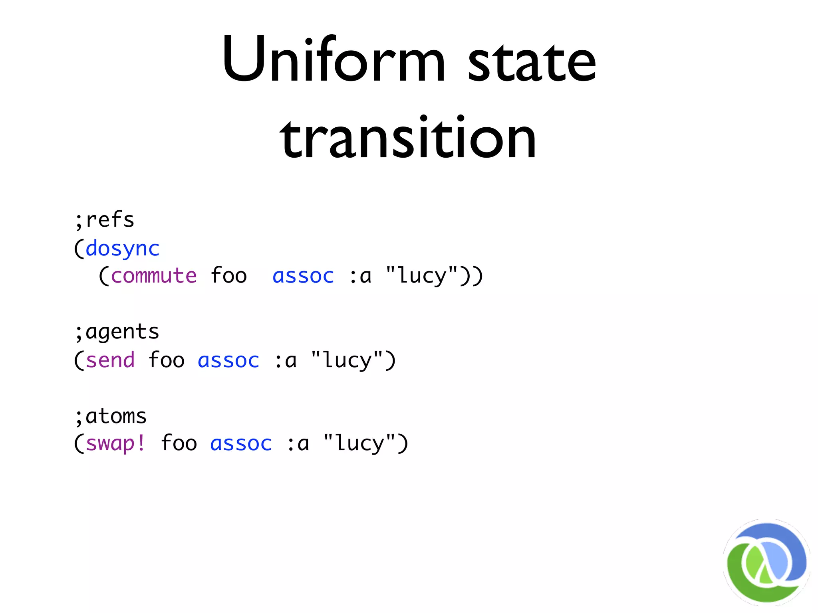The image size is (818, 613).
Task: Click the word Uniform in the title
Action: tap(334, 60)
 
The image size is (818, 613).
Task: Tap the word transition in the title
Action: tap(408, 138)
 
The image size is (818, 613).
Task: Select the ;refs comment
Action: tap(105, 220)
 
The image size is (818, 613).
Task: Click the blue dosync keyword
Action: tap(122, 249)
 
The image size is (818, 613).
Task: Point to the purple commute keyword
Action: tap(153, 276)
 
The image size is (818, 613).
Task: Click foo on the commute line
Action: tap(228, 276)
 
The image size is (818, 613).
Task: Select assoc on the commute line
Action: tap(303, 276)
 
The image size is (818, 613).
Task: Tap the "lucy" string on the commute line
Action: tap(422, 276)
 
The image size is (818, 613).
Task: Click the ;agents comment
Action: tap(117, 332)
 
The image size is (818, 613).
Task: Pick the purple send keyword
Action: tap(110, 360)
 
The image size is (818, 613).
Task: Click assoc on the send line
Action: tap(228, 360)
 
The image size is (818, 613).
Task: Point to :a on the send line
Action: tap(286, 360)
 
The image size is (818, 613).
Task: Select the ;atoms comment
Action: tap(111, 416)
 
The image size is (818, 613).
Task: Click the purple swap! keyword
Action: tap(116, 443)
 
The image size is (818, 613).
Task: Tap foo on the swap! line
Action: tap(179, 443)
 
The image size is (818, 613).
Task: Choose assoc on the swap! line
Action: tap(241, 443)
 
